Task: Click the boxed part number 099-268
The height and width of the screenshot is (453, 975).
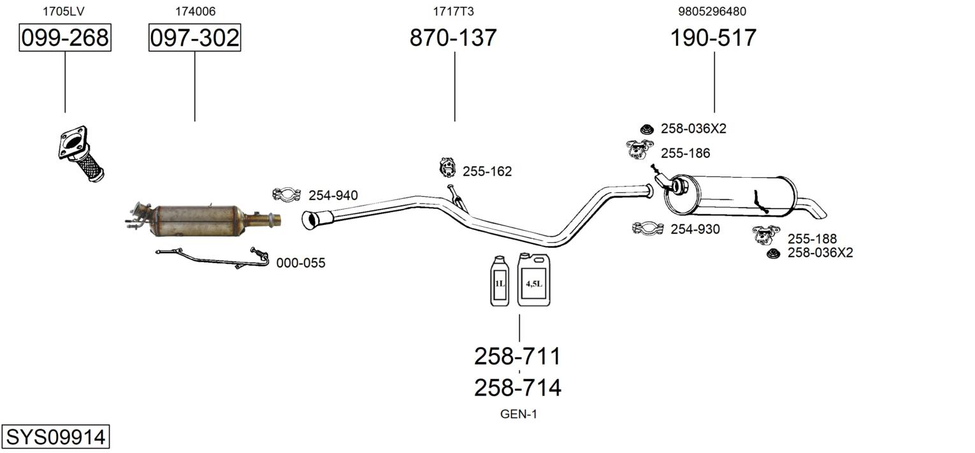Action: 65,38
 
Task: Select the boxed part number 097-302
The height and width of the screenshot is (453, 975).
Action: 194,38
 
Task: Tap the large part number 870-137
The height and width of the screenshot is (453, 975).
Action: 453,38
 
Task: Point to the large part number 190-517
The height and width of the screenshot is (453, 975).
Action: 713,38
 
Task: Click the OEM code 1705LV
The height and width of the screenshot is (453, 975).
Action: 63,11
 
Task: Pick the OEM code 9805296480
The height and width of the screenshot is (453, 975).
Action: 712,11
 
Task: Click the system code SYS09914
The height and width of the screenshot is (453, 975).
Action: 55,438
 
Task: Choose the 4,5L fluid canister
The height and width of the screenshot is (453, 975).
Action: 533,280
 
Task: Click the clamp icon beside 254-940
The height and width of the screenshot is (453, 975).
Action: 286,194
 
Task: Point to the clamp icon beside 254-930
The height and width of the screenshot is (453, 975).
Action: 648,228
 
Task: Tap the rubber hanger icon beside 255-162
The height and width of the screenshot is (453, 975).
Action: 448,168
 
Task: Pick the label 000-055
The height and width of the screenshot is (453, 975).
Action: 300,262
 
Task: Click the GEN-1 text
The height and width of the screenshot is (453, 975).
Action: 519,414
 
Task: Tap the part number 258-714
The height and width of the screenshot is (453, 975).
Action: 517,387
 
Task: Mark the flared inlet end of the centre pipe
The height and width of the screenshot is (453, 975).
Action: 311,220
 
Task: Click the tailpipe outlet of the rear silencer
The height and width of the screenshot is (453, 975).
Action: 820,210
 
